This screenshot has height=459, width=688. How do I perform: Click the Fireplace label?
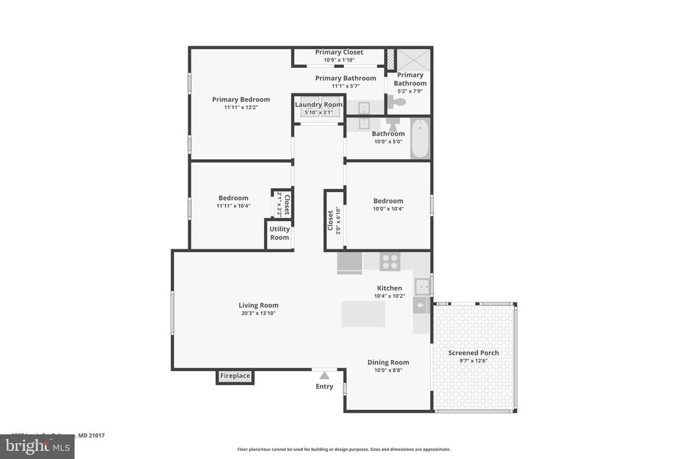[x=235, y=376]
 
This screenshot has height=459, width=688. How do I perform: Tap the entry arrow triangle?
[x=325, y=376]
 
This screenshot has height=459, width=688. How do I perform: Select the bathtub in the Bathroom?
[x=420, y=138]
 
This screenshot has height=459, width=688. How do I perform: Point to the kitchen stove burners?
[x=390, y=261]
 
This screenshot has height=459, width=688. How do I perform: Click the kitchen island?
[x=363, y=314]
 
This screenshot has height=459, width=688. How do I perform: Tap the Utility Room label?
[x=279, y=233]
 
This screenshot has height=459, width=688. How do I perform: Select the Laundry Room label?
[x=318, y=104]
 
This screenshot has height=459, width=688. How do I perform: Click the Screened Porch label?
[x=474, y=353]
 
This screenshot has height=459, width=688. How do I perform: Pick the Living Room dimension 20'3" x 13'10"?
[x=258, y=313]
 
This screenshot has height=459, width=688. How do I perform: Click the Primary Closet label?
[x=339, y=52]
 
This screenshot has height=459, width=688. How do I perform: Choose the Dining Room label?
[x=388, y=362]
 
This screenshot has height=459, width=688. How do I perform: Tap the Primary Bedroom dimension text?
[x=241, y=108]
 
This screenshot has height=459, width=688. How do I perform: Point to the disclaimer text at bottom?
[x=344, y=449]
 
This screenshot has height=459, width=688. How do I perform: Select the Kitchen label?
[x=389, y=288]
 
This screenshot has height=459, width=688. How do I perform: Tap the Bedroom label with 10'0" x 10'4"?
[x=388, y=201]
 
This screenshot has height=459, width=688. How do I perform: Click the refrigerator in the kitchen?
[x=349, y=261]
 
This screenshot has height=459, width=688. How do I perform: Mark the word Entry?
[x=325, y=386]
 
